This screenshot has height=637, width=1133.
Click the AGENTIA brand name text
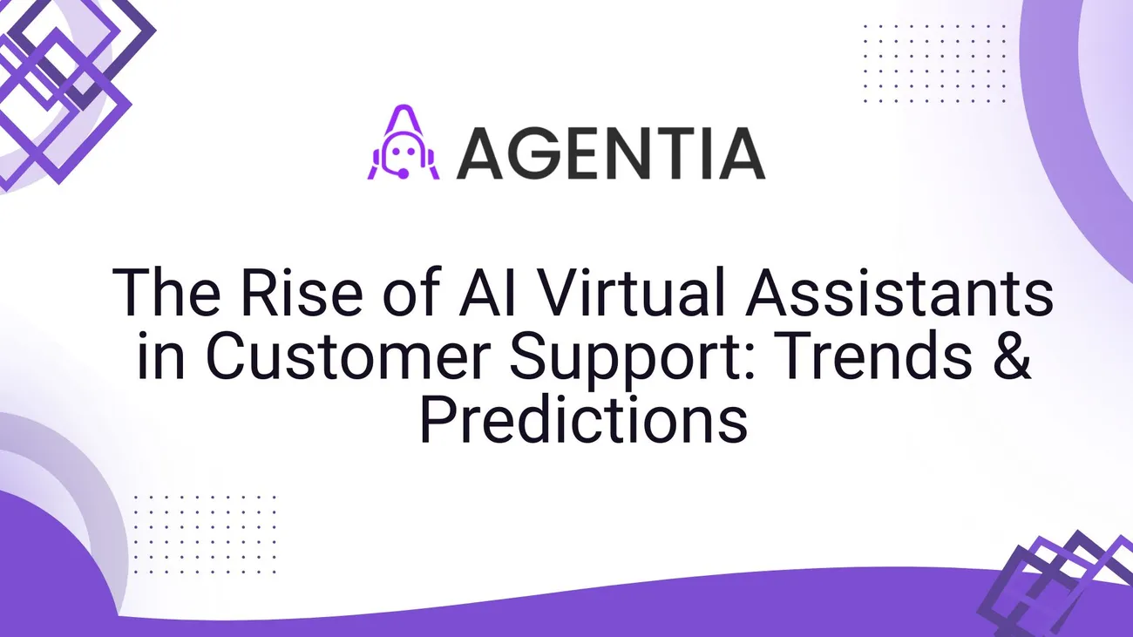tap(610, 153)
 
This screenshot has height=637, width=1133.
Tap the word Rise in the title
tap(302, 292)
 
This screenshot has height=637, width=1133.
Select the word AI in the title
tap(487, 292)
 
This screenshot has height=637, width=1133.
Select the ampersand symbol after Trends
tap(1012, 355)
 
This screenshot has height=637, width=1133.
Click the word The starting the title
tap(166, 292)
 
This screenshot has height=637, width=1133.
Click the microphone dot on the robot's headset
tap(404, 174)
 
